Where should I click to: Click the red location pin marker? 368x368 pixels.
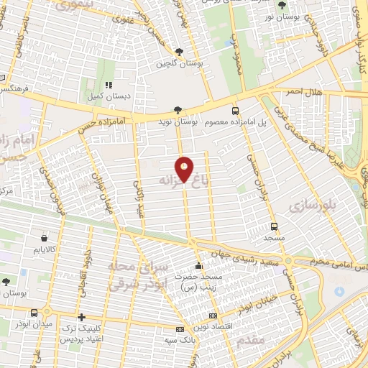(185, 169)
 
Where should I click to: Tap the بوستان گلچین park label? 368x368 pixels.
(179, 64)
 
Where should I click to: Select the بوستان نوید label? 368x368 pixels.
(178, 122)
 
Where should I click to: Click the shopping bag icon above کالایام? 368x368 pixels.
(45, 237)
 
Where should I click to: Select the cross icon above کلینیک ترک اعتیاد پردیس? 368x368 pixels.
(82, 317)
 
